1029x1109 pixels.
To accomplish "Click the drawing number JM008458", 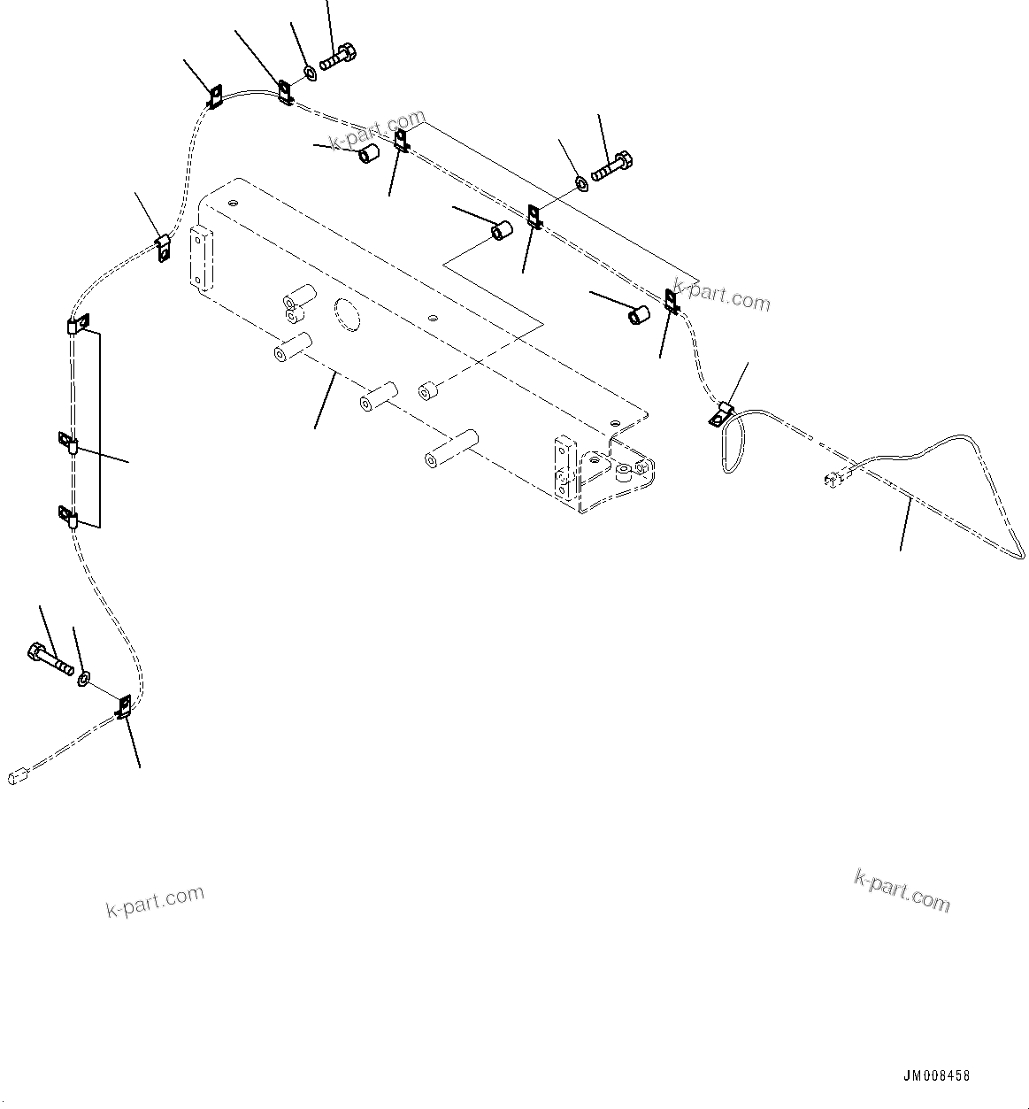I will [x=936, y=1076].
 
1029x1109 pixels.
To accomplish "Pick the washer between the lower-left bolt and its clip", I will [x=83, y=679].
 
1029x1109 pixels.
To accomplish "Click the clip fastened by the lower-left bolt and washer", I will [x=124, y=705].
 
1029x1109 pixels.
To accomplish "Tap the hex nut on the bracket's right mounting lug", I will [x=625, y=472].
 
